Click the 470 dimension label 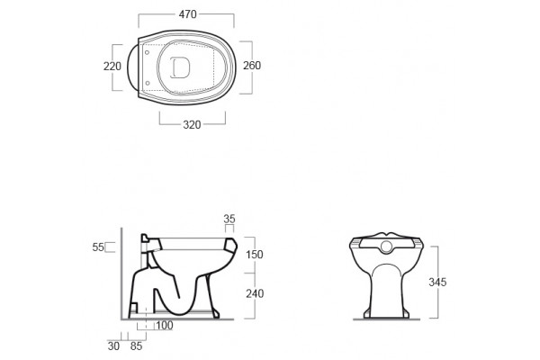(x=188, y=14)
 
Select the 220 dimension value (x=112, y=66)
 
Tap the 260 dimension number (x=252, y=65)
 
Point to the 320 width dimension (x=192, y=124)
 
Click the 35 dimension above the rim (x=229, y=219)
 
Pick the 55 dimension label (x=98, y=247)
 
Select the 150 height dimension (x=255, y=254)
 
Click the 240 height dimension (x=255, y=293)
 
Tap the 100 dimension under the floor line (x=165, y=325)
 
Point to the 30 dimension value (x=113, y=346)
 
